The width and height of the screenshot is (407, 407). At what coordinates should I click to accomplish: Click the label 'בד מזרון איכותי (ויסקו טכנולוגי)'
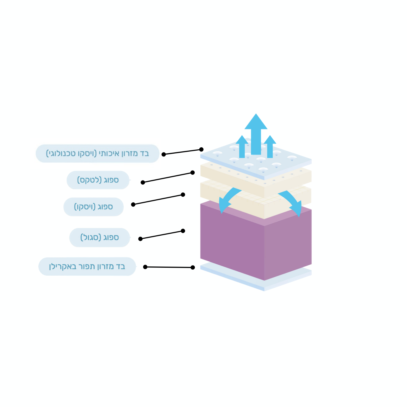97,153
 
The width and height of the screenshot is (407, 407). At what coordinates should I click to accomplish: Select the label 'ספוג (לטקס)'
98,180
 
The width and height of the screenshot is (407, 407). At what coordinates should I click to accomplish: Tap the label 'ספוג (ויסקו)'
94,207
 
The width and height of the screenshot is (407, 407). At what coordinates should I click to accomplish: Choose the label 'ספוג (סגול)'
100,237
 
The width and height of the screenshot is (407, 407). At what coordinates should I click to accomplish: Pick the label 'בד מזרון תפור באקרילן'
87,266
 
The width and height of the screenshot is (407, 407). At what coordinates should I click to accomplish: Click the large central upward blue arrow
256,134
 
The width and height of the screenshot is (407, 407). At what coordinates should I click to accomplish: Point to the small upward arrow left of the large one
242,146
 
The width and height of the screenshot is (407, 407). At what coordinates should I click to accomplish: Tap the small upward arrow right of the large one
270,146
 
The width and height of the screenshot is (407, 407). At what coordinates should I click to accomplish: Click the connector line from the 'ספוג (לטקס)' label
168,177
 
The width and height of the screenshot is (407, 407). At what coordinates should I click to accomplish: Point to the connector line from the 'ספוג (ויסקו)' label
158,199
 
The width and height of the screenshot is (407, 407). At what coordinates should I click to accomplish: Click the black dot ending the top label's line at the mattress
201,150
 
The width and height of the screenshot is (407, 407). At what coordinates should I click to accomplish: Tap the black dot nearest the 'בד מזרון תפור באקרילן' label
145,267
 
